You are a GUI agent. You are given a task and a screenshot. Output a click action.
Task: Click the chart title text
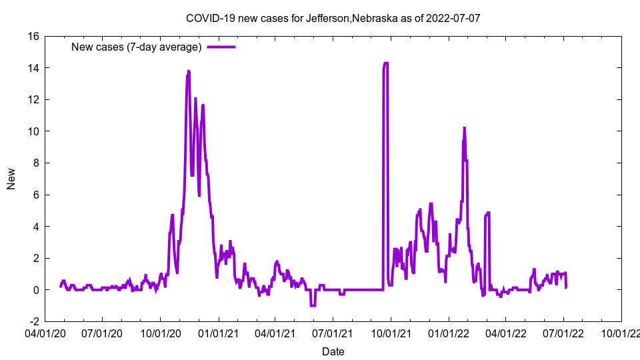point(333,18)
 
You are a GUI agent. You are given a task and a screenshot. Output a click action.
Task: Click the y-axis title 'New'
point(11,179)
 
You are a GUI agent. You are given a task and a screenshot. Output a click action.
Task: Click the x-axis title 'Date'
point(333,351)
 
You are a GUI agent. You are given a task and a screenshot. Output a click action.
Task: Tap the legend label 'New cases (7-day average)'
point(136,47)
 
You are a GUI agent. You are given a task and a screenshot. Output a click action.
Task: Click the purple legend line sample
point(221,47)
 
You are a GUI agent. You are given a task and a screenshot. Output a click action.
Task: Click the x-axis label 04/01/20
point(45,332)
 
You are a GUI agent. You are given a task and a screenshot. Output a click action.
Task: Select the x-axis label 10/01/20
point(161,332)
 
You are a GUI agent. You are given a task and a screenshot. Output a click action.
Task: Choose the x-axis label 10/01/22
point(621,332)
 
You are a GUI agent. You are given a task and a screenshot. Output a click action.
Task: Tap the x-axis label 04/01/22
point(506,332)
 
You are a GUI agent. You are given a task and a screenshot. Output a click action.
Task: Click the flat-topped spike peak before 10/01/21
point(385,63)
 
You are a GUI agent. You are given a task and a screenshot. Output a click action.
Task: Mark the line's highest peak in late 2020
point(189,71)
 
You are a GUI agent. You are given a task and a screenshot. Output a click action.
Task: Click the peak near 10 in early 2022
point(464,127)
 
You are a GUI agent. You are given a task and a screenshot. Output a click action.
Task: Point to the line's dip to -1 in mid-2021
point(312,305)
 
